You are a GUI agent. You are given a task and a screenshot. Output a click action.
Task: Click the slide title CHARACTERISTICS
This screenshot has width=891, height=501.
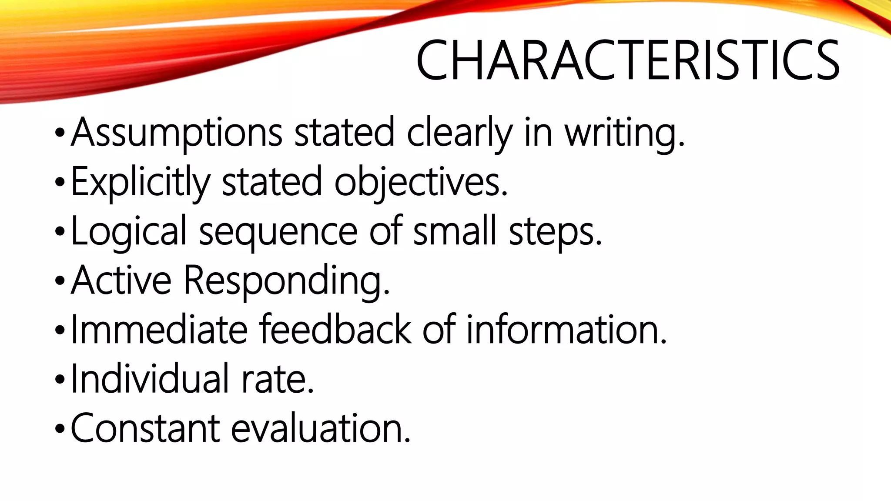click(627, 61)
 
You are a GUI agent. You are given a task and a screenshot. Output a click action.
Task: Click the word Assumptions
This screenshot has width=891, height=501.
click(177, 132)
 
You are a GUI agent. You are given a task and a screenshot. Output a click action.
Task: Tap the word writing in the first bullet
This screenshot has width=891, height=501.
click(625, 133)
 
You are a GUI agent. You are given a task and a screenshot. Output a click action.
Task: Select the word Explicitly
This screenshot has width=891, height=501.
click(140, 182)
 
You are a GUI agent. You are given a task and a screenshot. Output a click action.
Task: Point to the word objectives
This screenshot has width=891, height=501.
click(421, 182)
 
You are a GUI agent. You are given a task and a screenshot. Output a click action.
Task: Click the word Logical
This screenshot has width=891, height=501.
click(128, 231)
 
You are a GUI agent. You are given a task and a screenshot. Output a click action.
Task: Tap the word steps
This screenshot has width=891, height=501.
click(555, 231)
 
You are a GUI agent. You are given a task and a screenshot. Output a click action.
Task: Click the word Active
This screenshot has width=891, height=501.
click(121, 280)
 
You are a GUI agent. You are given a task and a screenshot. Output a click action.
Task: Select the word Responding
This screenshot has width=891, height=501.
click(287, 281)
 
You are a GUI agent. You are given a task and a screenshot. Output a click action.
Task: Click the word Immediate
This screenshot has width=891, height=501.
click(159, 330)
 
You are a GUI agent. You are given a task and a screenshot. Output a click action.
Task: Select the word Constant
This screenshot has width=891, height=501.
click(145, 428)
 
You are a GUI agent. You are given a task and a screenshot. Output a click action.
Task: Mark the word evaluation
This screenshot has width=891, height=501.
click(321, 428)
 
